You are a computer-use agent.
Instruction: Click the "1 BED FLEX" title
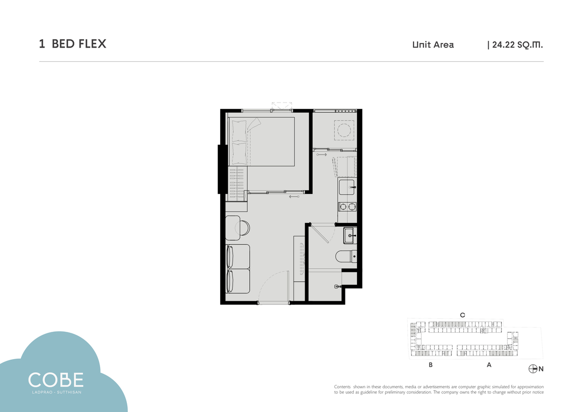pos(72,44)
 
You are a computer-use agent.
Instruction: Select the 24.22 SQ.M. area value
pos(517,45)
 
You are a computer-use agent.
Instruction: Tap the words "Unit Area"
pos(433,45)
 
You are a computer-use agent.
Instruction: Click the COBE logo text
pos(56,380)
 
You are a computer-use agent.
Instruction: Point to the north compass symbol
pos(533,369)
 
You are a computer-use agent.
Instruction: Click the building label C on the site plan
pos(463,315)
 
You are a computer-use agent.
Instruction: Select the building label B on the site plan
pos(431,365)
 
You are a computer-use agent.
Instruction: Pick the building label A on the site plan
pos(489,365)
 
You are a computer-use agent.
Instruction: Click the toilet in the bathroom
pos(346,257)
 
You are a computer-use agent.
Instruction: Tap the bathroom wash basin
pos(350,236)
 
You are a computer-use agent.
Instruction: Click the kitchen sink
pos(347,187)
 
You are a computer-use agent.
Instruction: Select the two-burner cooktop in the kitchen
pos(347,206)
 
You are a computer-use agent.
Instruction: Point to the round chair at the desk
pos(242,228)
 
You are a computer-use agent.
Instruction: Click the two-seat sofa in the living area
pos(238,269)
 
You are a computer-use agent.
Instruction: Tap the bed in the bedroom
pos(261,141)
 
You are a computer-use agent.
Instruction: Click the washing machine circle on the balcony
pos(344,130)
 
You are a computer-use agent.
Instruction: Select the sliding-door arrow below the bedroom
pos(294,196)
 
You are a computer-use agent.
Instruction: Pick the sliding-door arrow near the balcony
pos(322,154)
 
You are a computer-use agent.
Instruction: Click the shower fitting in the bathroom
pos(338,287)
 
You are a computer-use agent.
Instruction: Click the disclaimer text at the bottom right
pos(439,389)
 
